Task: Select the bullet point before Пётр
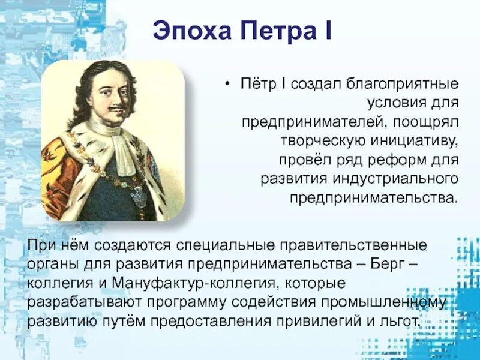(227, 84)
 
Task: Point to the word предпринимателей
(311, 122)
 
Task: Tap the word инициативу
(415, 141)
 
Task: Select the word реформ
(397, 160)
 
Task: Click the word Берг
(386, 265)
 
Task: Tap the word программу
(187, 302)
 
